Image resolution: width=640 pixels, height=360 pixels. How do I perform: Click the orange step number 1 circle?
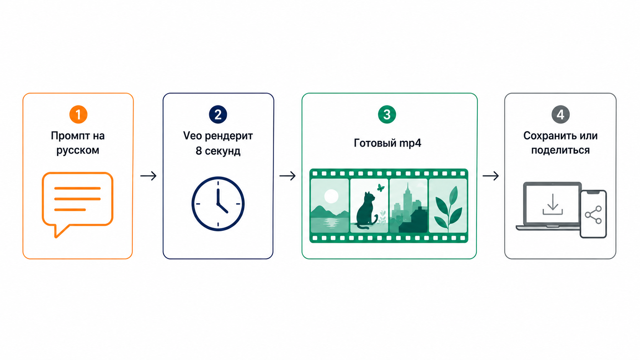click(x=78, y=114)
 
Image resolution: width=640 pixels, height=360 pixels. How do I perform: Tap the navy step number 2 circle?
click(x=218, y=114)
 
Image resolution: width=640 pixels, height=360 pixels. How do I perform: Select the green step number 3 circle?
click(x=387, y=114)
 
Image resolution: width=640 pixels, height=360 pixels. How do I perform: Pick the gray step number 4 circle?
click(x=560, y=114)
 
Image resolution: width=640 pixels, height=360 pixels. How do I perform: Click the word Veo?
click(x=193, y=135)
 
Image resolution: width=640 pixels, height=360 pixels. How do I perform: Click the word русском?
click(x=78, y=150)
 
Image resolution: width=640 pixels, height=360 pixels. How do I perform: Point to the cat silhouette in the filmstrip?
click(x=367, y=211)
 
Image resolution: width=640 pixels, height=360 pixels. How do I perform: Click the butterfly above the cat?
click(x=380, y=187)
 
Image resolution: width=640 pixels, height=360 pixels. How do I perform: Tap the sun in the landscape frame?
click(x=331, y=196)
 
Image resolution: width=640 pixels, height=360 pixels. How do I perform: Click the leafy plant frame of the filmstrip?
click(x=448, y=205)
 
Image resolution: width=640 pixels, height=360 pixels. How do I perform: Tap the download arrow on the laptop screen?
click(x=553, y=204)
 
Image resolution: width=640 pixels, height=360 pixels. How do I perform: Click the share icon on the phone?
click(x=593, y=215)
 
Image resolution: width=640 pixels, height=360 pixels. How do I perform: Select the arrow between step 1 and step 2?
click(x=148, y=176)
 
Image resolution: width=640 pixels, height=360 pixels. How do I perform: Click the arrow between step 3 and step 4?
click(x=491, y=176)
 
